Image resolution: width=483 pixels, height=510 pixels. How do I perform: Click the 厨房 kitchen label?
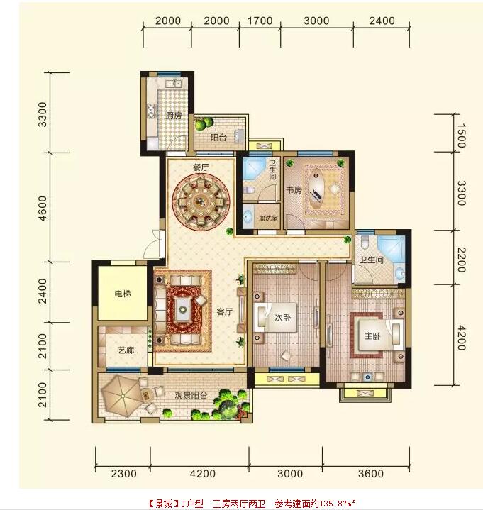(x=174, y=116)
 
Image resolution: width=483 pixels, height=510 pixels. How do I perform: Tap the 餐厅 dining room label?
(x=201, y=167)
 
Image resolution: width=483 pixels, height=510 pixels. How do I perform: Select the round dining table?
(x=201, y=201)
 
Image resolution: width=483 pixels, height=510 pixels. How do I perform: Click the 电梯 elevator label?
(x=123, y=294)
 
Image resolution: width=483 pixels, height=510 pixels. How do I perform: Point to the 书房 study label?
(x=294, y=190)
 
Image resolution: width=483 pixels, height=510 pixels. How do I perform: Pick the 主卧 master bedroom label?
(x=372, y=336)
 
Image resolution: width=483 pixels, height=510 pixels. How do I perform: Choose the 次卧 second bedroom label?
(x=283, y=318)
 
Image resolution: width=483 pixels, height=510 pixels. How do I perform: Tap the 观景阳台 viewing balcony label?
(x=191, y=396)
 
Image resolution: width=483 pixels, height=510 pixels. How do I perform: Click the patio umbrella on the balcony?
(x=122, y=396)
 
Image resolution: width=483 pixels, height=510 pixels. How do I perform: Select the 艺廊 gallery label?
(x=126, y=350)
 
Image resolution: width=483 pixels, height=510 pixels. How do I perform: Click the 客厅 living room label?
(x=224, y=312)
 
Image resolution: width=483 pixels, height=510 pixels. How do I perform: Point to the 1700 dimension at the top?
(x=260, y=21)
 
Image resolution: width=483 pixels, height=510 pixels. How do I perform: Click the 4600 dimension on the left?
(x=43, y=209)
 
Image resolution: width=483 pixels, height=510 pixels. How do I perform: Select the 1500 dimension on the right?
(x=460, y=136)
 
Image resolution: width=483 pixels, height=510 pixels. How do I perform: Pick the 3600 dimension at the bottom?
(x=371, y=474)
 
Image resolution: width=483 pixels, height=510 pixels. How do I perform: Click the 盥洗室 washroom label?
(x=268, y=218)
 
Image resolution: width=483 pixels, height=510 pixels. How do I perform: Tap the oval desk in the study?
(x=317, y=189)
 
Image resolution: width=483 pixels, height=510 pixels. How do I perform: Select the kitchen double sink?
(x=173, y=84)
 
